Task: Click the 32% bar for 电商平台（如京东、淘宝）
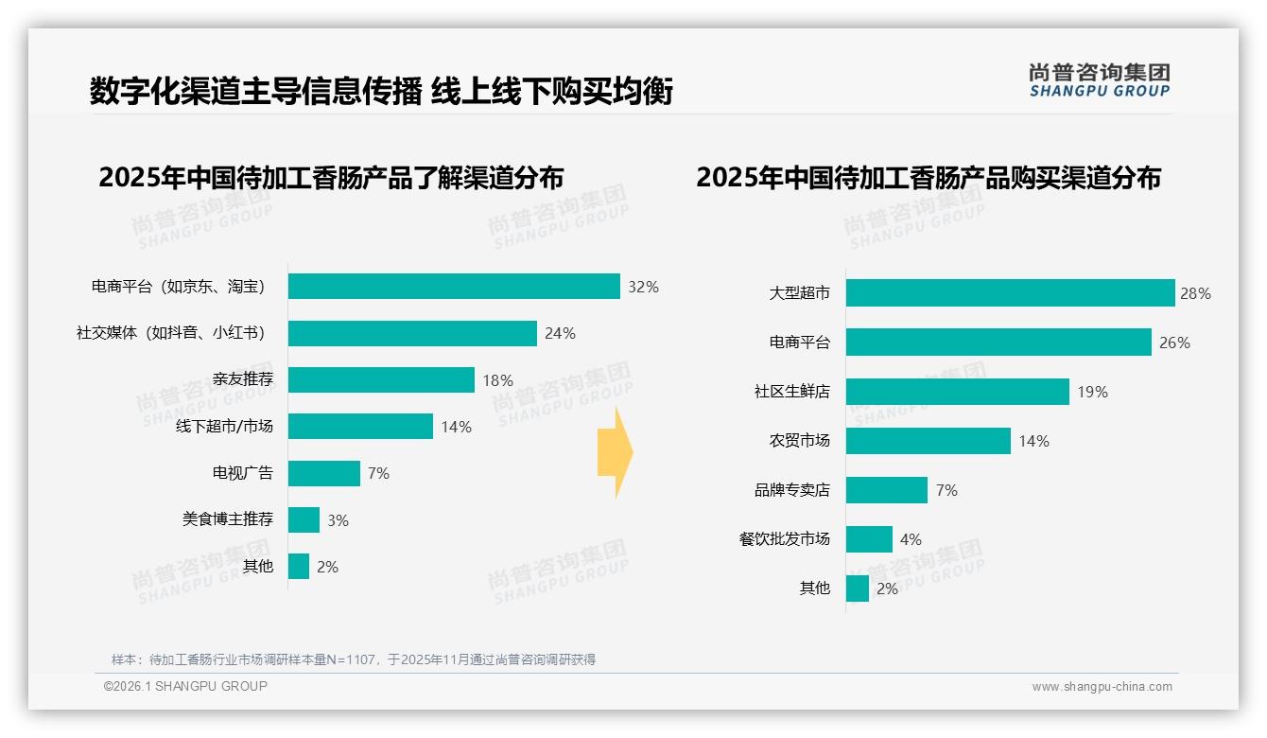click(x=454, y=287)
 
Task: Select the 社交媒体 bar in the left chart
click(x=412, y=333)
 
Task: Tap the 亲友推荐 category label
click(x=242, y=379)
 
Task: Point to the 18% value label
click(x=497, y=380)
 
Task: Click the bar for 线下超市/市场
click(x=360, y=427)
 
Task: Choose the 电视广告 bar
click(x=324, y=473)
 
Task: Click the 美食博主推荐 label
click(x=228, y=519)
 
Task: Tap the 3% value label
click(x=338, y=520)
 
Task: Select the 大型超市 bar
click(x=1010, y=293)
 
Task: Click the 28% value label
click(x=1195, y=293)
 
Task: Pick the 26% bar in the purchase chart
click(x=998, y=343)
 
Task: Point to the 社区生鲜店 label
click(x=791, y=392)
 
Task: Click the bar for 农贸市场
click(x=928, y=441)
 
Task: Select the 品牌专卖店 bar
click(x=886, y=490)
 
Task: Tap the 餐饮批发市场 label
click(x=784, y=539)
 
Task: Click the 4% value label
click(x=911, y=539)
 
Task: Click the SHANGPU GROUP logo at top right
click(x=1099, y=80)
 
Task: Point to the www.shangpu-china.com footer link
click(x=1102, y=687)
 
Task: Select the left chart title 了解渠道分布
click(x=331, y=178)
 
